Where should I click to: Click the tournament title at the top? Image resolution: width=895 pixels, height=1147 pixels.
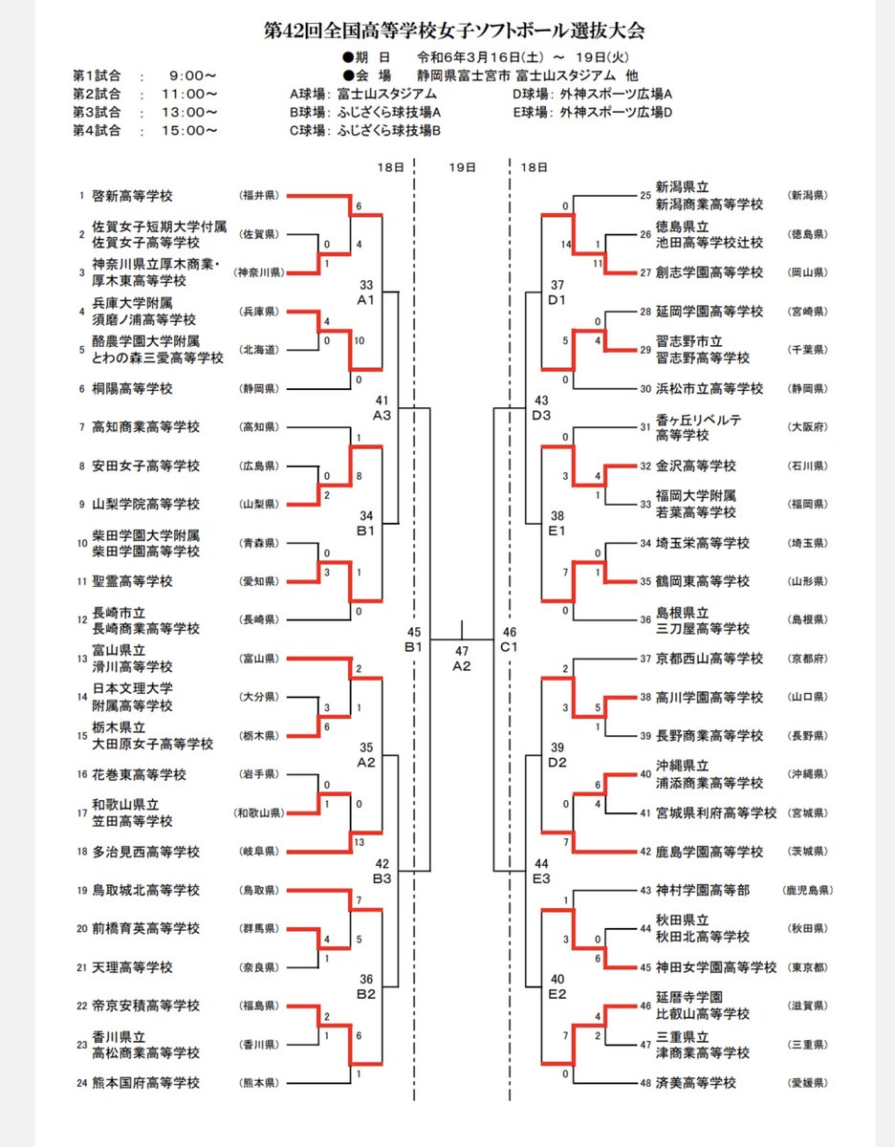coord(454,31)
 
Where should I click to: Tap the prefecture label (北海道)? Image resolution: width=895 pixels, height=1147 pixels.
coord(259,350)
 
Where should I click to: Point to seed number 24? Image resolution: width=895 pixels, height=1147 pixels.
coord(82,1083)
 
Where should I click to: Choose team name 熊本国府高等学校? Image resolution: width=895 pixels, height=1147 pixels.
coord(145,1083)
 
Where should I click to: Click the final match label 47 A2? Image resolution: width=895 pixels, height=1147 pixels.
coord(462,660)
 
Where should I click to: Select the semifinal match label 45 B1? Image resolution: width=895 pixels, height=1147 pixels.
coord(414,639)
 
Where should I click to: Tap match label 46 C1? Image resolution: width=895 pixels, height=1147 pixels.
coord(509,639)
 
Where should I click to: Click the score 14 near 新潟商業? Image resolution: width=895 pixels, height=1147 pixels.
coord(566,245)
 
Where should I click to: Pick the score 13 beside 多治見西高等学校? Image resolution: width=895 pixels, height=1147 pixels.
coord(359,842)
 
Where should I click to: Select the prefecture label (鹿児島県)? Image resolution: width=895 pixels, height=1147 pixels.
coord(807,890)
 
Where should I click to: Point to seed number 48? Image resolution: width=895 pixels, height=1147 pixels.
coord(644,1083)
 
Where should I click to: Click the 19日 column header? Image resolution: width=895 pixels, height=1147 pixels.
coord(462,167)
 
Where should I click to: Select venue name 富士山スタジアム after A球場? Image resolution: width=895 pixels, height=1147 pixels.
coord(386,94)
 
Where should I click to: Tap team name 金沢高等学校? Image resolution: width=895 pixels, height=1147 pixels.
coord(695,465)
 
